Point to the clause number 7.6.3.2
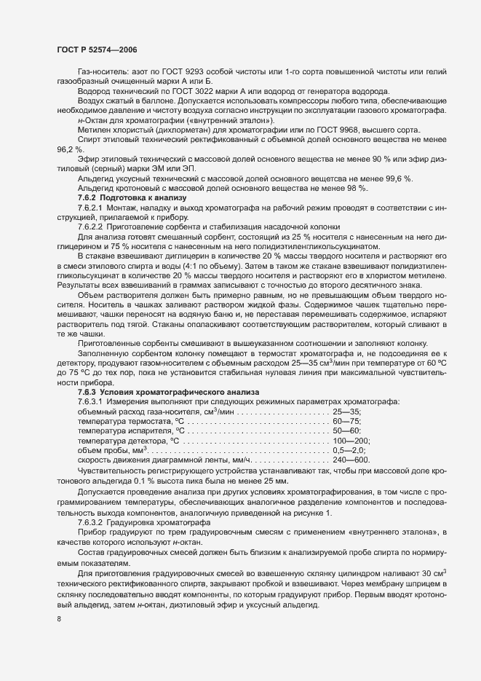pos(92,526)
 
